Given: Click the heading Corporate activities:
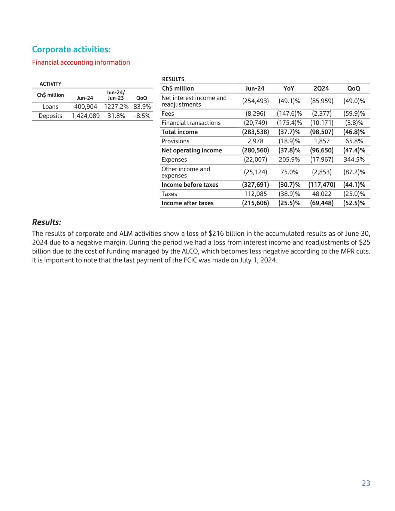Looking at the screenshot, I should [x=71, y=49].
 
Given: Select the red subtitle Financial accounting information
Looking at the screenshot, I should [x=81, y=63].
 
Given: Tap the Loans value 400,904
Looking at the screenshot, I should [x=85, y=107].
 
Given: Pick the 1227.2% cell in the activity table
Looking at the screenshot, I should [x=116, y=107].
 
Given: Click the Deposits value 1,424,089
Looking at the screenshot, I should [x=85, y=116].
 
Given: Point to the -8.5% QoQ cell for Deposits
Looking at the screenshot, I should [x=142, y=116].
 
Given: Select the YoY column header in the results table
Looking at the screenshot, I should [x=289, y=89].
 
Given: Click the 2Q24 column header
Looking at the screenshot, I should [x=321, y=89].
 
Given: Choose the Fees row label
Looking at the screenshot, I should [x=168, y=114].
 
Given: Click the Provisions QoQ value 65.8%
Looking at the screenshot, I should [x=354, y=141].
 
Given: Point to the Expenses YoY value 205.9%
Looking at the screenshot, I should [x=289, y=159].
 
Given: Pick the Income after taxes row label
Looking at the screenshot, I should [x=187, y=203].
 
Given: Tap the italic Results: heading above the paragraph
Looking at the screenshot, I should [x=46, y=222].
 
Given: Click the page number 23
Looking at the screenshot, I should [x=366, y=483].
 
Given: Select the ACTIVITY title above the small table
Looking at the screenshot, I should [x=51, y=84].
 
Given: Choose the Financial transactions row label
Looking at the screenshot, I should [x=191, y=123].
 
